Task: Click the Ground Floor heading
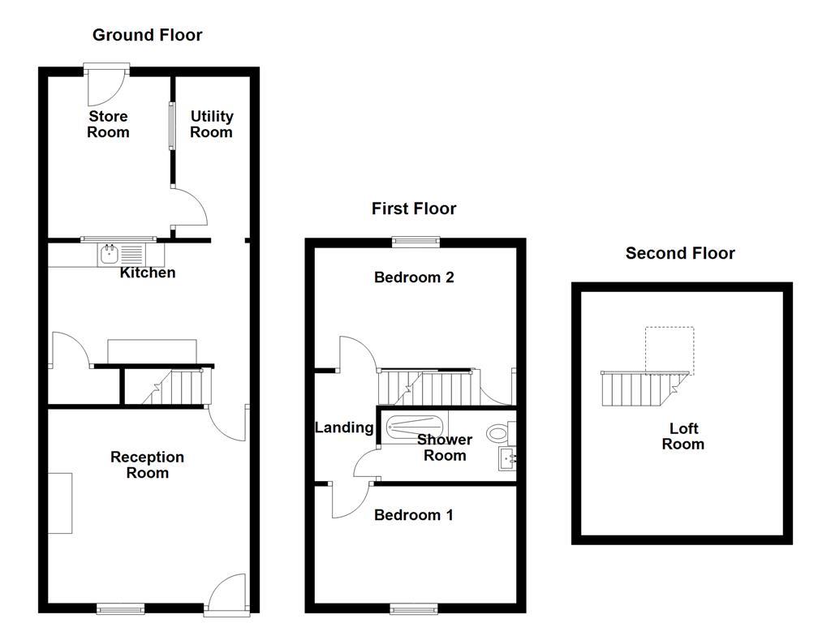(147, 35)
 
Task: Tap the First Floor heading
(414, 208)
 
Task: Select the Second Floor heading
(680, 253)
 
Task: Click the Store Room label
(108, 124)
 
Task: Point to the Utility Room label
(211, 124)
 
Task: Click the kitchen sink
(109, 255)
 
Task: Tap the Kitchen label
(148, 273)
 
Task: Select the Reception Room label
(148, 465)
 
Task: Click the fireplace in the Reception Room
(60, 503)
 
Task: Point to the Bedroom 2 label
(414, 277)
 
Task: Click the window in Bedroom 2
(415, 241)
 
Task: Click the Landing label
(344, 428)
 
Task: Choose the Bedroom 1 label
(414, 515)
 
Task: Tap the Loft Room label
(682, 436)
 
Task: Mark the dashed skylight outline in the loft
(670, 350)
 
